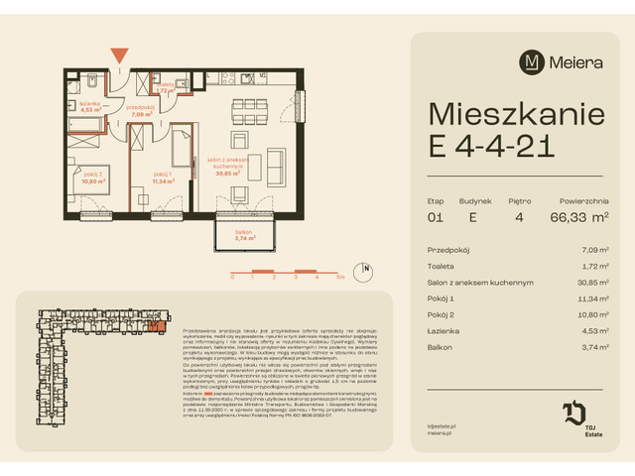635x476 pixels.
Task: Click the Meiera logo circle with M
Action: click(x=533, y=61)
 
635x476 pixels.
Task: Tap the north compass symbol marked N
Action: click(x=367, y=268)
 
